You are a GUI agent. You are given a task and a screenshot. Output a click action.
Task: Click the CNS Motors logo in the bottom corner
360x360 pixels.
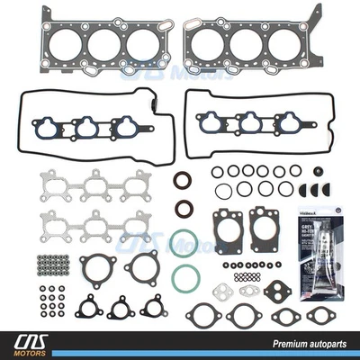(x=36, y=343)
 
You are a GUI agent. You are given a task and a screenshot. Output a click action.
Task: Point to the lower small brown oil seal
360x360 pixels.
(x=184, y=209)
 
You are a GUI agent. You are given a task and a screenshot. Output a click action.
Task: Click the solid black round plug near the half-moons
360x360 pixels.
(x=318, y=171)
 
